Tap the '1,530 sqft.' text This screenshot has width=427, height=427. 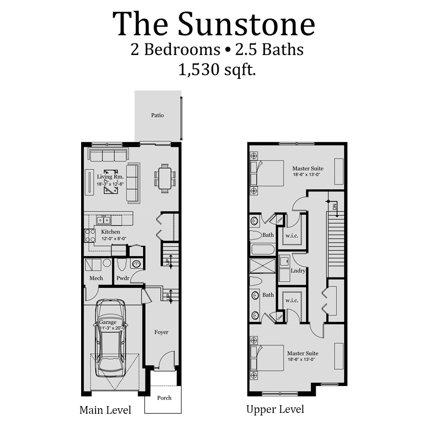pyautogui.click(x=217, y=70)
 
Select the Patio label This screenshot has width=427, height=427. pyautogui.click(x=158, y=115)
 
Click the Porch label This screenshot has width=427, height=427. pyautogui.click(x=164, y=398)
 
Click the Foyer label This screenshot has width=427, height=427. pyautogui.click(x=161, y=332)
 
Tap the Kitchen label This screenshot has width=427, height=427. pyautogui.click(x=110, y=232)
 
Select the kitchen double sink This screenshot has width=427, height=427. pyautogui.click(x=104, y=220)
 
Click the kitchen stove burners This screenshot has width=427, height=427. pyautogui.click(x=91, y=236)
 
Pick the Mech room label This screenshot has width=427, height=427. pyautogui.click(x=96, y=278)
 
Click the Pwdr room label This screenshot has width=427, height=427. pyautogui.click(x=123, y=278)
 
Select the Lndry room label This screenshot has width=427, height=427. pyautogui.click(x=298, y=271)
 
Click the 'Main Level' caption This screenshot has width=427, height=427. pyautogui.click(x=105, y=411)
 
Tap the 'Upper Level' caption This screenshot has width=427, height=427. pyautogui.click(x=275, y=410)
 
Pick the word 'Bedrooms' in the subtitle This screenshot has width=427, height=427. pyautogui.click(x=181, y=50)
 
